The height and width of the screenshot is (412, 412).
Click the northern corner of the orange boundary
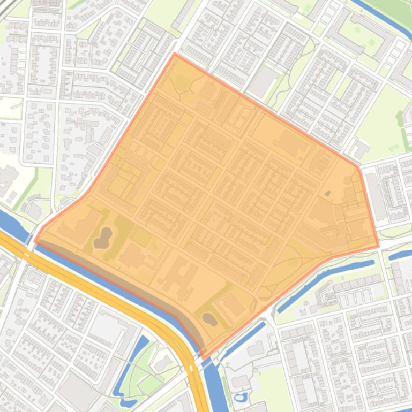coord(175,54)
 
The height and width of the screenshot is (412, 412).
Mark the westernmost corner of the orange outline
coord(35,241)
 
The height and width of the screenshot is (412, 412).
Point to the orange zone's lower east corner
coord(378,247)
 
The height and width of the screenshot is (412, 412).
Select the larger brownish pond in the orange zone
coord(102,238)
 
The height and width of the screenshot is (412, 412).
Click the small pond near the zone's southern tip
coord(209,319)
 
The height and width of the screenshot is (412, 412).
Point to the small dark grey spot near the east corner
coord(328,193)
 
